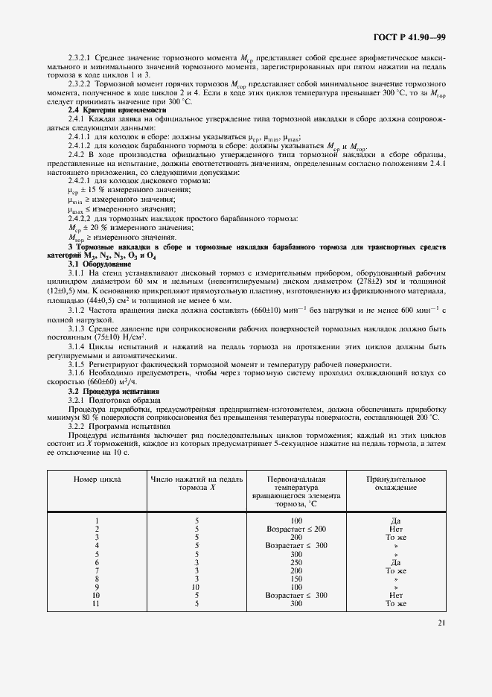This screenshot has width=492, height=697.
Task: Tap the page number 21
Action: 441,644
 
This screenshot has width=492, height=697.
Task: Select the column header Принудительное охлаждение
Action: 395,485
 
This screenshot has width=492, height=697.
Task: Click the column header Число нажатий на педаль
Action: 197,485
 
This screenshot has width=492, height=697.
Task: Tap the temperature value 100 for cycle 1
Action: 296,521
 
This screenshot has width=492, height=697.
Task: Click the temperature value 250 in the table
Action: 296,562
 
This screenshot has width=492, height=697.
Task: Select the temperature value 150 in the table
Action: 296,579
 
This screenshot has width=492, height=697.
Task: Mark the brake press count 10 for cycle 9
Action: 197,587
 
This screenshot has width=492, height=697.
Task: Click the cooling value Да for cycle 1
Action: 395,521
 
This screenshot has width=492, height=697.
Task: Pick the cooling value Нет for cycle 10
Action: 395,595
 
